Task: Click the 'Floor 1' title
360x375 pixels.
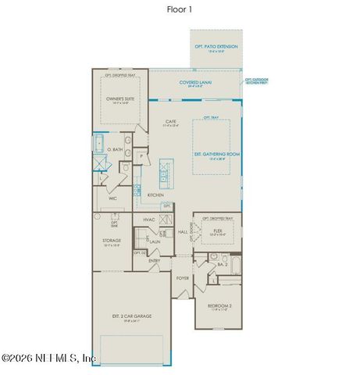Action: click(x=179, y=9)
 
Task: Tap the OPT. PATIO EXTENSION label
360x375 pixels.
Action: click(x=216, y=47)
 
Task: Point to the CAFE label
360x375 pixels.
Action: click(x=170, y=121)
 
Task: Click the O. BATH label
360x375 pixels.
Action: click(x=116, y=149)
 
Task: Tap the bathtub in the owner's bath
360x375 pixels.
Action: click(x=99, y=144)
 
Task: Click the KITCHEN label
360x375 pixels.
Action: click(x=155, y=195)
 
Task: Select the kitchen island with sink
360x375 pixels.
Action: click(x=165, y=171)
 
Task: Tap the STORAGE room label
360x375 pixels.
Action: click(x=111, y=241)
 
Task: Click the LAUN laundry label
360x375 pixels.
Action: click(x=155, y=242)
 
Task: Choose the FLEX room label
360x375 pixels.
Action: click(x=217, y=230)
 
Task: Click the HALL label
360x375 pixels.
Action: click(x=182, y=232)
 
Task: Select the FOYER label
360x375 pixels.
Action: click(x=183, y=277)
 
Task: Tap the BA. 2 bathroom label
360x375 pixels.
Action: click(x=221, y=265)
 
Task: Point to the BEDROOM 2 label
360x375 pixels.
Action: click(x=219, y=305)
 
